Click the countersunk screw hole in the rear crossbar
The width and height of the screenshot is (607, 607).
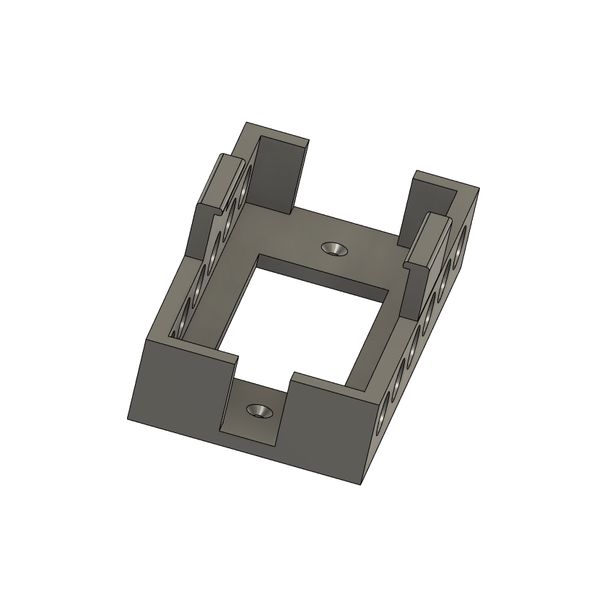click(334, 248)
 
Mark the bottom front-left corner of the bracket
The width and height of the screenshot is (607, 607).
click(128, 419)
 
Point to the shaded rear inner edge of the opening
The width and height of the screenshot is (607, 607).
click(325, 274)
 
